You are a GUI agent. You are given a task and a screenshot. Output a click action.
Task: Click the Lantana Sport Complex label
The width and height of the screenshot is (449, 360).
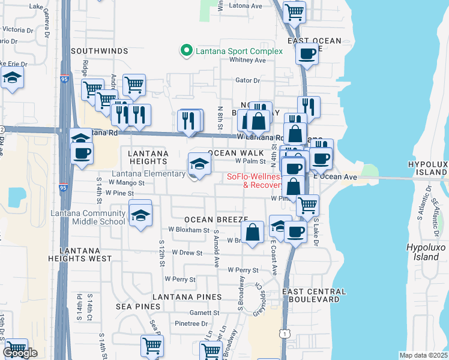pos(239,51)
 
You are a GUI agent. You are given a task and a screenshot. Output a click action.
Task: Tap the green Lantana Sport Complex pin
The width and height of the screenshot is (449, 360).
pos(186,50)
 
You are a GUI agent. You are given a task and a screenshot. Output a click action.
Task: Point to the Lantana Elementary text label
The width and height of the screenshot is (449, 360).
pos(149,174)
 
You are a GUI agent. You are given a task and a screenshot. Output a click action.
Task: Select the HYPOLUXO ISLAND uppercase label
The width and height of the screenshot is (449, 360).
pos(427,168)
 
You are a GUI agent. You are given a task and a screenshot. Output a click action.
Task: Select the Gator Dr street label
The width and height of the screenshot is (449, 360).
pos(247,80)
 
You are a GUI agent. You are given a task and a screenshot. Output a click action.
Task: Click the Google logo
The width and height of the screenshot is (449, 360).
pos(20,353)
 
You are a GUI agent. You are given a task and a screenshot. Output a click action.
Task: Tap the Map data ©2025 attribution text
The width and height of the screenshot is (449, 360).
pos(423,355)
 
